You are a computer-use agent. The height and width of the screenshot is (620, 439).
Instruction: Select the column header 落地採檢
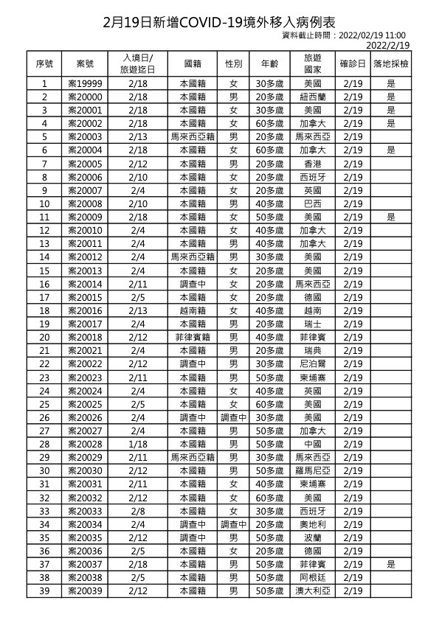point(391,63)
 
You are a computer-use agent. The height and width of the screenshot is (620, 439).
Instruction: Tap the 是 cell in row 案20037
point(391,564)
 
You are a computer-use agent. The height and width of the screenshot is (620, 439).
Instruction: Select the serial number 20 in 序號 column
point(44,337)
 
